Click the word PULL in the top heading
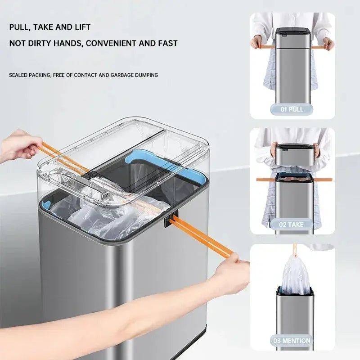point(19,27)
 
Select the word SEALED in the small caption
point(18,75)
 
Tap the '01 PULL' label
point(292,109)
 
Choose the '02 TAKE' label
point(292,224)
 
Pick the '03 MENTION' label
point(292,341)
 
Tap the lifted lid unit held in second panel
point(292,154)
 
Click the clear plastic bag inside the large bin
point(112,220)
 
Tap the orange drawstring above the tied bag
point(295,250)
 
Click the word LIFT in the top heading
point(81,27)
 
